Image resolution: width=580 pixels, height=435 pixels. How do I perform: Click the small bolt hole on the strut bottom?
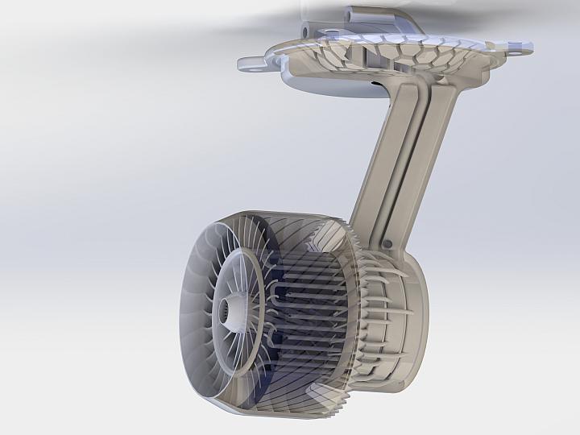[x=387, y=241]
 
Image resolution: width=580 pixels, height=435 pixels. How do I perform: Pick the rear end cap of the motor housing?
[x=415, y=314]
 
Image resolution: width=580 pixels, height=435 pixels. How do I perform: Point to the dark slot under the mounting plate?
[x=375, y=81]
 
